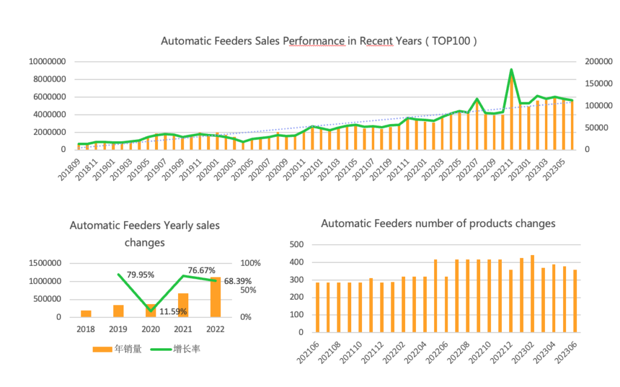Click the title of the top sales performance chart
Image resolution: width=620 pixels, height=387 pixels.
pyautogui.click(x=318, y=41)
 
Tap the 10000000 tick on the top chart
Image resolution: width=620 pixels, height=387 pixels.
pyautogui.click(x=47, y=62)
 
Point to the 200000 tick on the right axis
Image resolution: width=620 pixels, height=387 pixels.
pyautogui.click(x=599, y=61)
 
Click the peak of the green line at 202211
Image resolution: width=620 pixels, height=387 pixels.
pyautogui.click(x=511, y=70)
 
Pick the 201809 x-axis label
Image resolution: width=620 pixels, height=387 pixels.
pyautogui.click(x=69, y=170)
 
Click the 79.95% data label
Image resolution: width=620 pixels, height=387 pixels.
pyautogui.click(x=140, y=274)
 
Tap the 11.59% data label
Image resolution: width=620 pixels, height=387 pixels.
pyautogui.click(x=173, y=311)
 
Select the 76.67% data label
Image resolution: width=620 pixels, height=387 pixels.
pyautogui.click(x=201, y=270)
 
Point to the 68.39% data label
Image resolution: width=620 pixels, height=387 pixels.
pyautogui.click(x=237, y=281)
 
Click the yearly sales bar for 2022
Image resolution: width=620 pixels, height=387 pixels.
pyautogui.click(x=216, y=297)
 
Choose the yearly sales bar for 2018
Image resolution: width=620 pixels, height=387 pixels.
pyautogui.click(x=86, y=314)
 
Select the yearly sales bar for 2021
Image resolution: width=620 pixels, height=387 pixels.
pyautogui.click(x=183, y=305)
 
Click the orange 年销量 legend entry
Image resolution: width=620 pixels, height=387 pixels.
pyautogui.click(x=117, y=349)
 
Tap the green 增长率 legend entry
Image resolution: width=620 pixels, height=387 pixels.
pyautogui.click(x=175, y=349)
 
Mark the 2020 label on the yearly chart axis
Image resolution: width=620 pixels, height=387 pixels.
pyautogui.click(x=151, y=329)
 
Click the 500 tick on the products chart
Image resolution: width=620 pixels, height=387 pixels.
pyautogui.click(x=297, y=245)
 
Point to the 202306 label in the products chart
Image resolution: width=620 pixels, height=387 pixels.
pyautogui.click(x=566, y=352)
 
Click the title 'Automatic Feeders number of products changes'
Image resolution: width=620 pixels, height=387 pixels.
pyautogui.click(x=438, y=223)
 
